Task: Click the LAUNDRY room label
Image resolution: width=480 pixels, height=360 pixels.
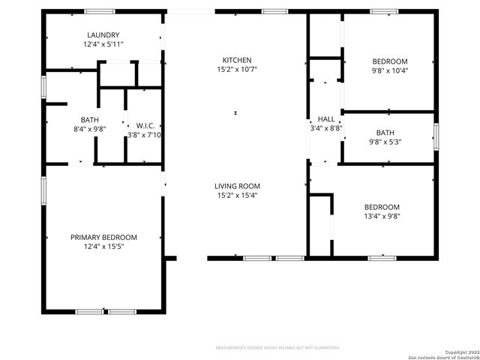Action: click(103, 35)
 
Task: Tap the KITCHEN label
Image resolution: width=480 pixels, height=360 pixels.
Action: click(237, 60)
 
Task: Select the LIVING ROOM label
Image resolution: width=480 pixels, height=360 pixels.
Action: click(237, 186)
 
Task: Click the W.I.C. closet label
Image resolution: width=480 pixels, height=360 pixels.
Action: click(145, 125)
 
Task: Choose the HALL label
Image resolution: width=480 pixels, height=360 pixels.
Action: click(326, 118)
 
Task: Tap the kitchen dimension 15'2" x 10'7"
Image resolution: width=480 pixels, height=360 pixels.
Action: click(237, 70)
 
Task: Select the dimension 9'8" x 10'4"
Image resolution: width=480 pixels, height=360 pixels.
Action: click(390, 70)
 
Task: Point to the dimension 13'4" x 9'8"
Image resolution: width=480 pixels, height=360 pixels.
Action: click(382, 217)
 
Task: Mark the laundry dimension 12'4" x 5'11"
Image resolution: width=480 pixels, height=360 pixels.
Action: click(103, 45)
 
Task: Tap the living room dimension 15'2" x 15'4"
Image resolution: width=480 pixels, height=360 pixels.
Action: click(237, 196)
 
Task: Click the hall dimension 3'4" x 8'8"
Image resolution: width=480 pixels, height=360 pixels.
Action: click(326, 128)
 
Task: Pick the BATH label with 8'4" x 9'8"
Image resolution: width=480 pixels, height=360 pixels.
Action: click(89, 119)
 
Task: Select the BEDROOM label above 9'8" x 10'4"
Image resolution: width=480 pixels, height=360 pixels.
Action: click(390, 61)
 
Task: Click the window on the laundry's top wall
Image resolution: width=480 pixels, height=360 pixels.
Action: click(99, 11)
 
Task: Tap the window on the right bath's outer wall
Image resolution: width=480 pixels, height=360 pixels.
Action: click(436, 137)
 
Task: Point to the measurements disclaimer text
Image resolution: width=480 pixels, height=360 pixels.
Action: click(277, 348)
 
